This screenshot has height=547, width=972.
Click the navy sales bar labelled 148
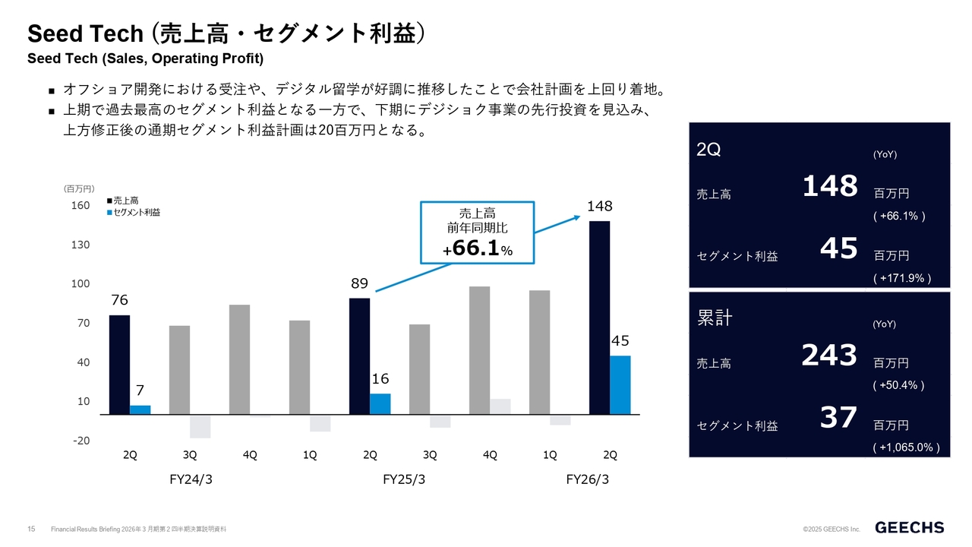(x=600, y=318)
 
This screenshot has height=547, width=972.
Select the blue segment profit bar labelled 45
(x=620, y=384)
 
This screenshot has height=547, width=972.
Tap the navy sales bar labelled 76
(x=119, y=365)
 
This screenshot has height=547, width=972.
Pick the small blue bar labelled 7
(x=140, y=409)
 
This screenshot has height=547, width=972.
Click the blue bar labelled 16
(x=380, y=403)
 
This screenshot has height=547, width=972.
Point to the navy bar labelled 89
(x=359, y=356)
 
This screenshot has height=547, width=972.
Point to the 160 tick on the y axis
(x=80, y=206)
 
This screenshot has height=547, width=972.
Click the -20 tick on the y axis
(x=80, y=441)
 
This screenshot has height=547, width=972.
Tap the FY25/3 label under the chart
(x=404, y=480)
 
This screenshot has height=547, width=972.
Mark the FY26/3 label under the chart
(x=588, y=480)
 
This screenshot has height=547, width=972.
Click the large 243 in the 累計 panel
(x=829, y=355)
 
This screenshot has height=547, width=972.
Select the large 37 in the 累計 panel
(x=838, y=417)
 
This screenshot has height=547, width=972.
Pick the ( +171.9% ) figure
(x=902, y=278)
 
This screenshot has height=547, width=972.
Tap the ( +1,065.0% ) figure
(x=906, y=447)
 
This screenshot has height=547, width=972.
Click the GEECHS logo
(x=910, y=527)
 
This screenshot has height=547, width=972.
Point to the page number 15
(x=32, y=529)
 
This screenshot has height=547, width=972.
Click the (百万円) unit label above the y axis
(x=79, y=188)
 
